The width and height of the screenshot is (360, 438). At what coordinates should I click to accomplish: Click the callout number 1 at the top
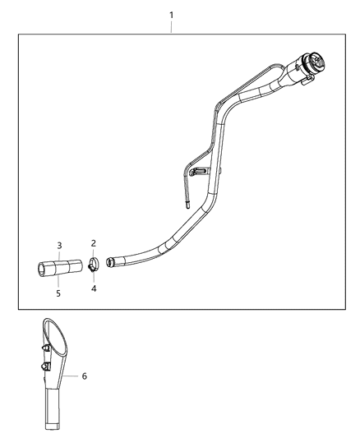[x=171, y=15]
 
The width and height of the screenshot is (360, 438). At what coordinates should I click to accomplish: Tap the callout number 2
[x=94, y=243]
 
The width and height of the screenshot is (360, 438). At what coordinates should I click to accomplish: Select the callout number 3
[x=59, y=245]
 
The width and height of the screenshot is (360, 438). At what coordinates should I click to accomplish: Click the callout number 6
[x=84, y=376]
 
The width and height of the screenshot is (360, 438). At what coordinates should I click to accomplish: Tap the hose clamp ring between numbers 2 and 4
[x=94, y=265]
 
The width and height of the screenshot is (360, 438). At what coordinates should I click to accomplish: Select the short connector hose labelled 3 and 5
[x=60, y=266]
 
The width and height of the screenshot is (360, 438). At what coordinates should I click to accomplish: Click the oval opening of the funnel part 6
[x=56, y=338]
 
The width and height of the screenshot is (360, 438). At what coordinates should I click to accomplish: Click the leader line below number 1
[x=171, y=28]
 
